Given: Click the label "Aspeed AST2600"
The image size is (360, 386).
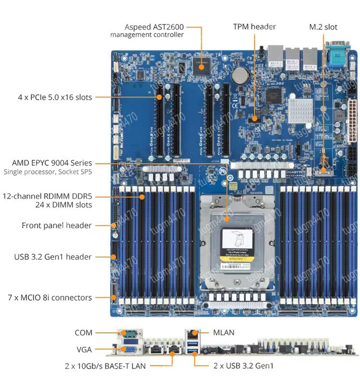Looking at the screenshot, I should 154,27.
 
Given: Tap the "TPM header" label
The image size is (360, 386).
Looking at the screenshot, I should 254,27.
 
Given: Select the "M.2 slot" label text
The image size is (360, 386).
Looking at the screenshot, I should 323,27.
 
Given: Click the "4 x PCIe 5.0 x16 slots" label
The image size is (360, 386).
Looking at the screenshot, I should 54,97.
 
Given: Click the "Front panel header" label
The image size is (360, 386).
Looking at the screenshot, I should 57,225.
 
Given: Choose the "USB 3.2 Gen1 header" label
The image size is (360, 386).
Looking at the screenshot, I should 53,257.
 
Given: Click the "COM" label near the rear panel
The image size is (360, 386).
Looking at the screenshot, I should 83,332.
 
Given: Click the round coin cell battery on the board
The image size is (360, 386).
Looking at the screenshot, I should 240,74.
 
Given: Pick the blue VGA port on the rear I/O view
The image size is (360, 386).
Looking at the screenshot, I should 128,351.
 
